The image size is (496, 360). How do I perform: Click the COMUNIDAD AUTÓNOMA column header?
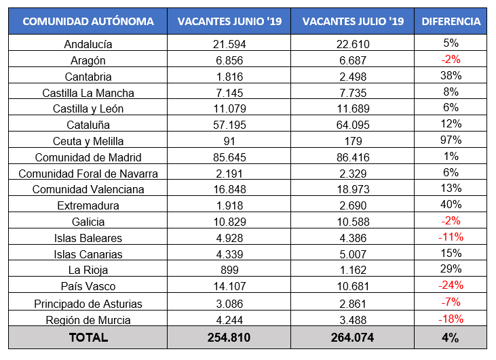(x=88, y=22)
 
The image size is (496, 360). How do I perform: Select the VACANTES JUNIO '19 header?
(x=229, y=22)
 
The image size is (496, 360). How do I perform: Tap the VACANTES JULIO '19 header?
(x=353, y=22)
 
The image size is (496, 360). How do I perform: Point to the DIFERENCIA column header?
(x=451, y=22)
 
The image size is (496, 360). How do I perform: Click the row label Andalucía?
(x=88, y=44)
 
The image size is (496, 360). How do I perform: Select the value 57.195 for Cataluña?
(x=229, y=125)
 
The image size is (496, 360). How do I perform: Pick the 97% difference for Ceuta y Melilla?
(x=451, y=140)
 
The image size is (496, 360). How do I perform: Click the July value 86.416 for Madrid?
(x=353, y=157)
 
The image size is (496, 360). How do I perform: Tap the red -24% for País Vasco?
(x=451, y=286)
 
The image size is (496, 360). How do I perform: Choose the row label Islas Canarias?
(x=88, y=254)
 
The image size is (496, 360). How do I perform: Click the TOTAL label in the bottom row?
(x=88, y=337)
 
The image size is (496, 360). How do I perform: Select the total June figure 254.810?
(x=229, y=337)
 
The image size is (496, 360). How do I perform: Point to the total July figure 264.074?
(x=353, y=337)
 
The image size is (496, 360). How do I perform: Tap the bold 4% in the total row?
(x=451, y=337)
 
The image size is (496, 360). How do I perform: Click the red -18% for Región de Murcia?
(x=451, y=319)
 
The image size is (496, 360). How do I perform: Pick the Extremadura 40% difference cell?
(x=451, y=205)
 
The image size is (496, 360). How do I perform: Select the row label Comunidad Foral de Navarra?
(x=88, y=174)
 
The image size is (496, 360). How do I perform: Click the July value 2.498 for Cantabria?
(x=353, y=77)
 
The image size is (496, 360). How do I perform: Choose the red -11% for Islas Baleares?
(x=451, y=237)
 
